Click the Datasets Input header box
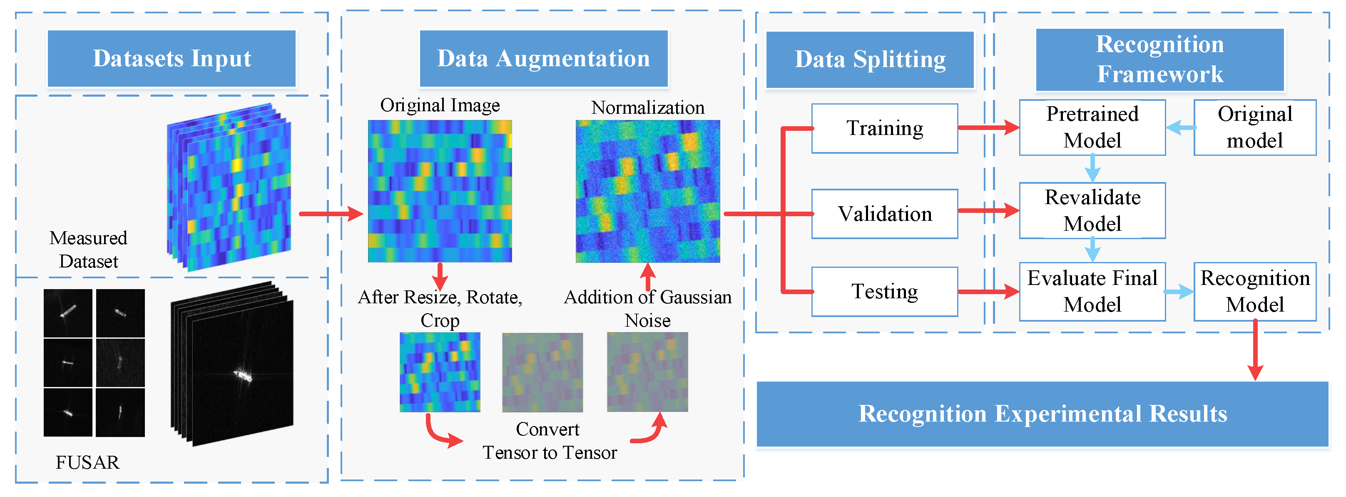point(172,59)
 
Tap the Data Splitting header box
point(870,60)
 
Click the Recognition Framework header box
point(1159,60)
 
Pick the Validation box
point(885,214)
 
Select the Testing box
point(885,292)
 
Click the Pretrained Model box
point(1092,127)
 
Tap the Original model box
point(1254,127)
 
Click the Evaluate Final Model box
point(1092,292)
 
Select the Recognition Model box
point(1254,292)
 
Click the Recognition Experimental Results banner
point(1042,414)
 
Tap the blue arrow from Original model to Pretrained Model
point(1180,127)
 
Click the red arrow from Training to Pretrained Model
point(989,127)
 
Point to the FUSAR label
point(87,462)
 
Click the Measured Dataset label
point(88,249)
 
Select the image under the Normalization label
point(647,191)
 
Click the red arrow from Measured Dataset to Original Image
point(331,214)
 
